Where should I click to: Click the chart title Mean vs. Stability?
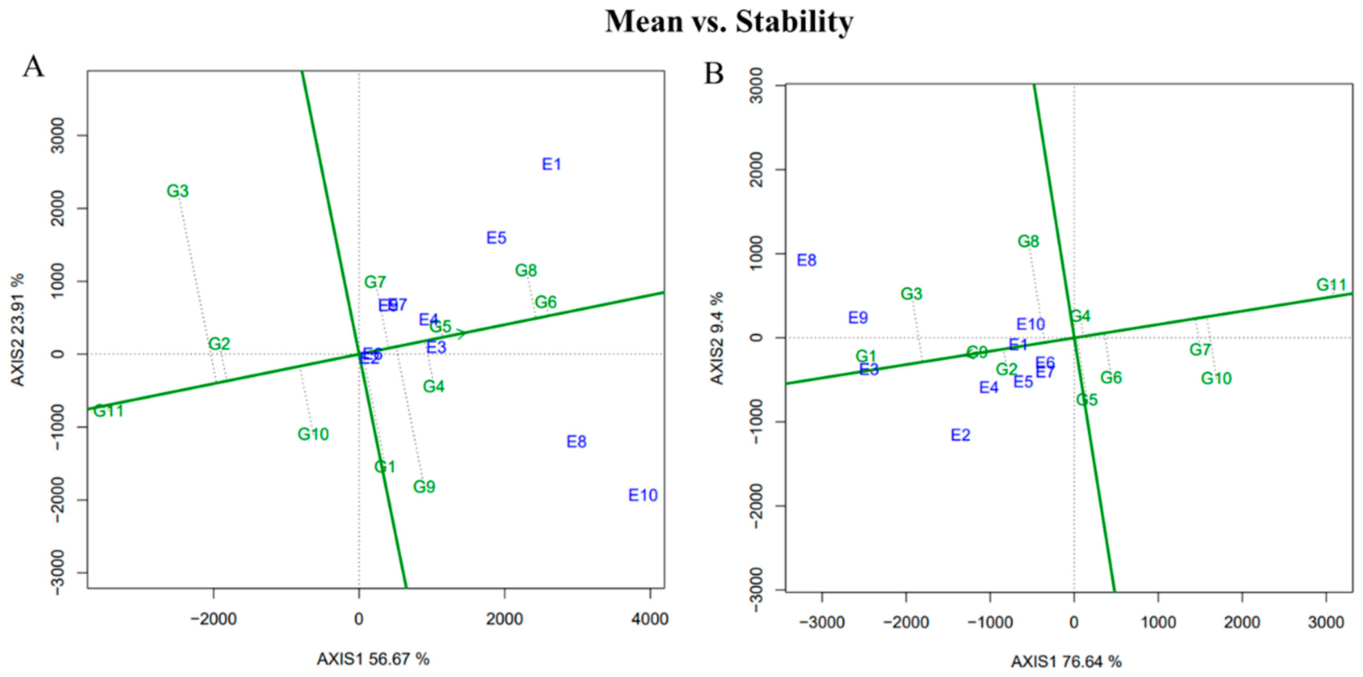(x=729, y=22)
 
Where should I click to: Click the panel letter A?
(x=33, y=68)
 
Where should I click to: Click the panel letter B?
(x=713, y=73)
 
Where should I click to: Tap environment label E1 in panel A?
(x=551, y=165)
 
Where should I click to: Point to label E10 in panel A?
(x=643, y=496)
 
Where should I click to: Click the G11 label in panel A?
(x=108, y=411)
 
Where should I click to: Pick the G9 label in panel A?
(x=424, y=487)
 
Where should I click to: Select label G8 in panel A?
(x=526, y=271)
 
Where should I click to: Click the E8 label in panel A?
(x=576, y=442)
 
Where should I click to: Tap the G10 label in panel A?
(x=313, y=434)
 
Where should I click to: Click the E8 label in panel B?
(x=806, y=260)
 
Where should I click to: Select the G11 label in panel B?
(x=1331, y=285)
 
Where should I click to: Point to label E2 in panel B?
(x=960, y=435)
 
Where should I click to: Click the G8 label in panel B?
(x=1028, y=242)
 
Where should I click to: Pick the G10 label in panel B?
(x=1216, y=379)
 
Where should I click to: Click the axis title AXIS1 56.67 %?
(x=373, y=659)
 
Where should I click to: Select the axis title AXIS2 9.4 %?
(x=716, y=338)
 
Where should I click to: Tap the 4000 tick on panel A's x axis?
(x=650, y=619)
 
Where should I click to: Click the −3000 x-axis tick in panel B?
(x=822, y=622)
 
